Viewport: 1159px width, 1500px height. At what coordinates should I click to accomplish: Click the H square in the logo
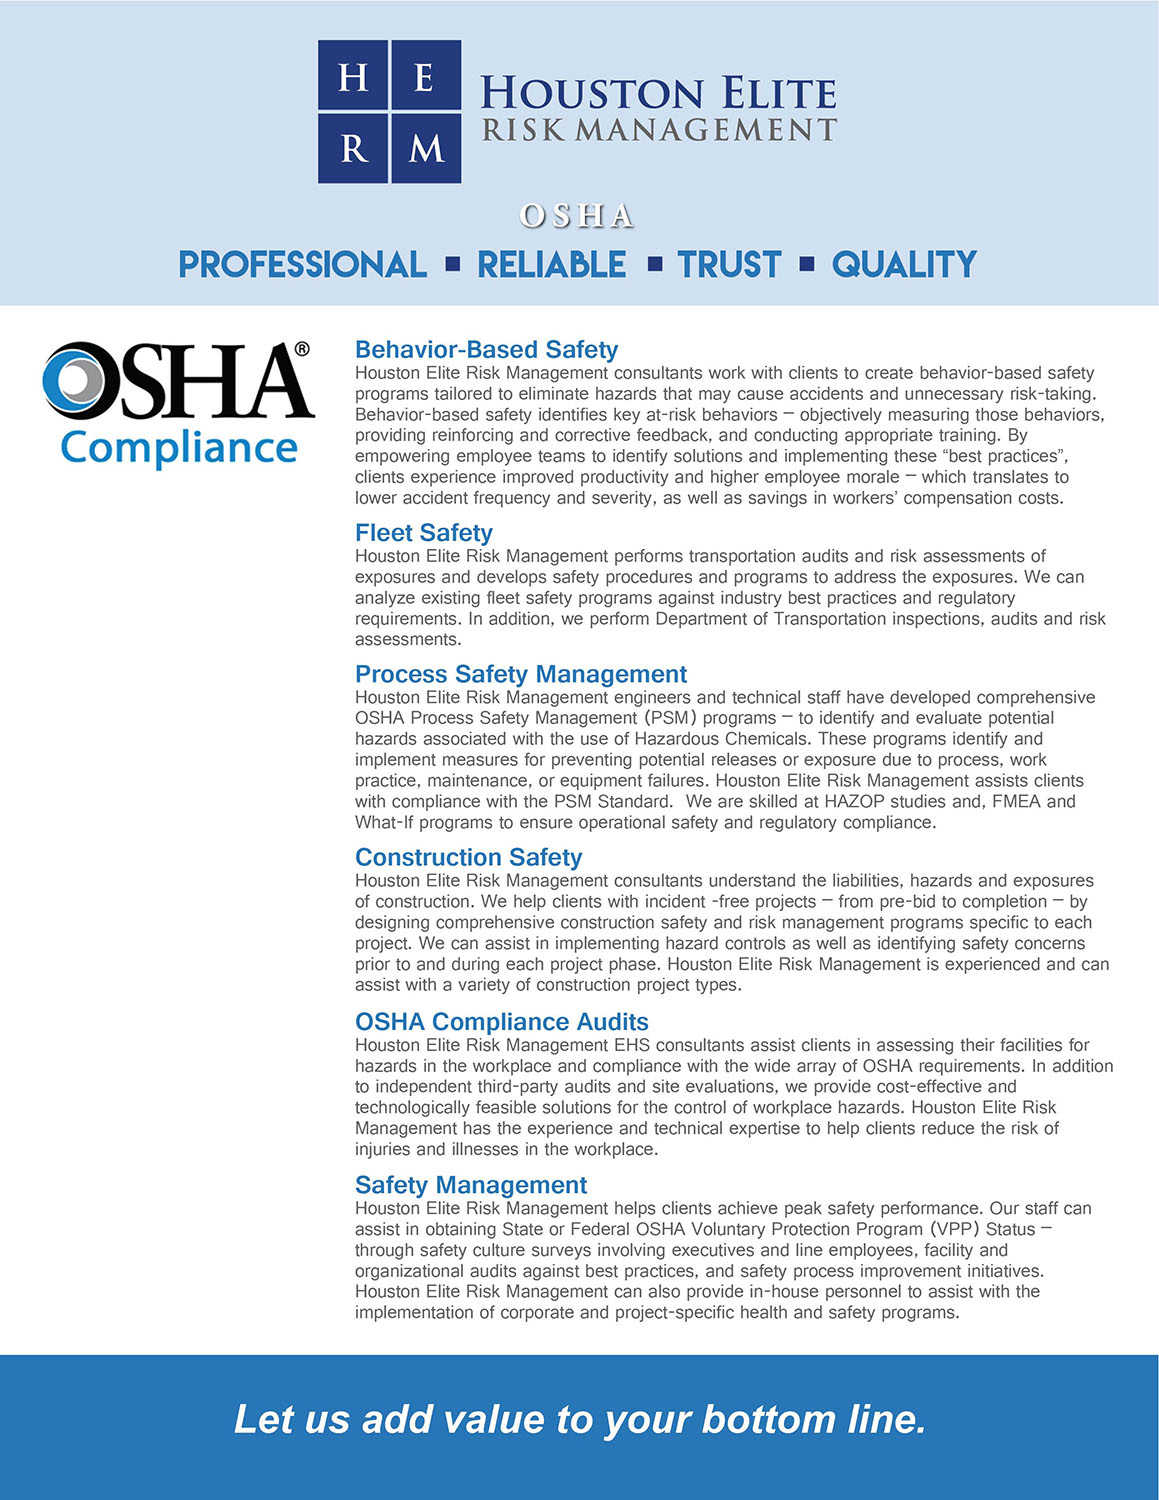[x=353, y=76]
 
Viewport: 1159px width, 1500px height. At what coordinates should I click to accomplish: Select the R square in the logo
[x=353, y=148]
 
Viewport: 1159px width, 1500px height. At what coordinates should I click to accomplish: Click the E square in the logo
[x=426, y=76]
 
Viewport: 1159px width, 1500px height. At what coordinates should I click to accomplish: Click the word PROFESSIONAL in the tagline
[x=302, y=264]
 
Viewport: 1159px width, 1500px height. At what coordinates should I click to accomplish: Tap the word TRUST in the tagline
[x=729, y=264]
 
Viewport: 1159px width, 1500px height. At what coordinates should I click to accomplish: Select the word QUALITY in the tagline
[x=904, y=264]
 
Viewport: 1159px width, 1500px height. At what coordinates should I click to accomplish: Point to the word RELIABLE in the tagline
[x=552, y=264]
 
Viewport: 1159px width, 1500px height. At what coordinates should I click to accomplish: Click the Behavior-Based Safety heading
[x=486, y=349]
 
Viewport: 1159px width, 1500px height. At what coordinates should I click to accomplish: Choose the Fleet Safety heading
[x=424, y=532]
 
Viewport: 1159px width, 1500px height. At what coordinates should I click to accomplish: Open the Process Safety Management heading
[x=521, y=673]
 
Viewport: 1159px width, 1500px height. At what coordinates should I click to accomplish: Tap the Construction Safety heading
[x=468, y=857]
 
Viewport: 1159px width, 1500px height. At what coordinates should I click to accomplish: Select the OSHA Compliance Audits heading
[x=502, y=1021]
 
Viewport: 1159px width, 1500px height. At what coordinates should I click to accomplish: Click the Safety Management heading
[x=471, y=1185]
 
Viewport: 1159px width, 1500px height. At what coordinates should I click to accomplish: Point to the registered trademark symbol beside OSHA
[x=302, y=349]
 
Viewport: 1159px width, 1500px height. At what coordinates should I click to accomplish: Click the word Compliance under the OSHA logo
[x=179, y=448]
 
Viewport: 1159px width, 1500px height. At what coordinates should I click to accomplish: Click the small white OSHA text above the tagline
[x=577, y=216]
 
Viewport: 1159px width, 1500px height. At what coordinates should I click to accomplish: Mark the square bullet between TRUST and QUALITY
[x=806, y=264]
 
